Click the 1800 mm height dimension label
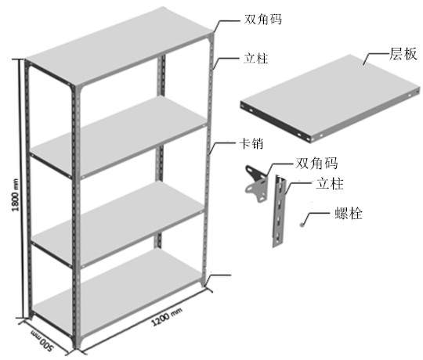(x=16, y=195)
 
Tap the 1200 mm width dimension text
(x=166, y=317)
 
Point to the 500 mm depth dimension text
(x=42, y=340)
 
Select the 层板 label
(x=403, y=54)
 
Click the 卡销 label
(x=251, y=143)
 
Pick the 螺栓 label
(x=349, y=213)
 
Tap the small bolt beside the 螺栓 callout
(x=302, y=224)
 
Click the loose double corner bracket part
(x=255, y=183)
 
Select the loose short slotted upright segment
(x=279, y=211)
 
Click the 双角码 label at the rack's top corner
(x=262, y=19)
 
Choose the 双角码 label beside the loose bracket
(x=316, y=163)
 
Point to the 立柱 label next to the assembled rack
(x=255, y=59)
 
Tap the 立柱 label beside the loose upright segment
(x=329, y=184)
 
